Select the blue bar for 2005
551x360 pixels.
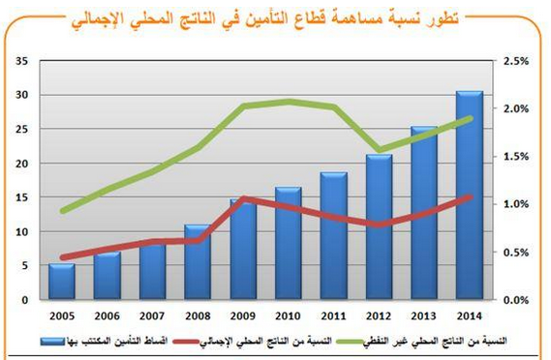(62, 281)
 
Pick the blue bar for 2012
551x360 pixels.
(379, 226)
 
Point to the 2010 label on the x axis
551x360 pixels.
(288, 315)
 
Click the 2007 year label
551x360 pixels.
(152, 315)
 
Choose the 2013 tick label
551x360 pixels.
(423, 315)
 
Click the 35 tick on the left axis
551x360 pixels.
(21, 61)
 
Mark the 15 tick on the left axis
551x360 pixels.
(21, 197)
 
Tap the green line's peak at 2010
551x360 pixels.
(288, 101)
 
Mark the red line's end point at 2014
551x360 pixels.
(470, 196)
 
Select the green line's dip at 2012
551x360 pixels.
(379, 151)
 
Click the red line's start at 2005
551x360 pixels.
(62, 258)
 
